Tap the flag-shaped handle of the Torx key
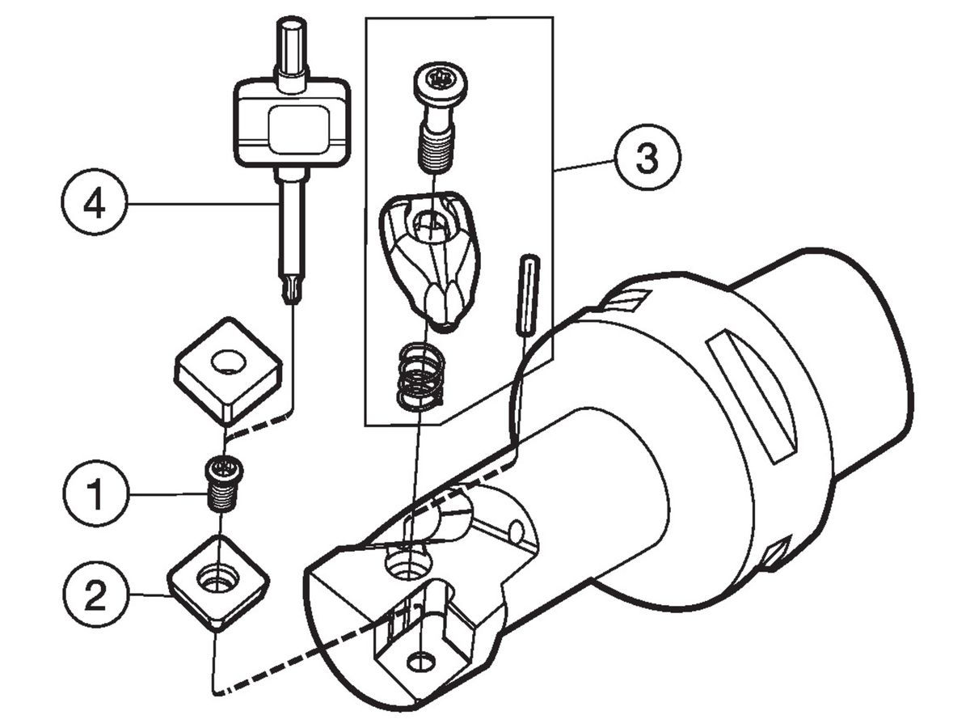click(291, 122)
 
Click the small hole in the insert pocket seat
click(420, 662)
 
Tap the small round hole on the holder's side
click(517, 531)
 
